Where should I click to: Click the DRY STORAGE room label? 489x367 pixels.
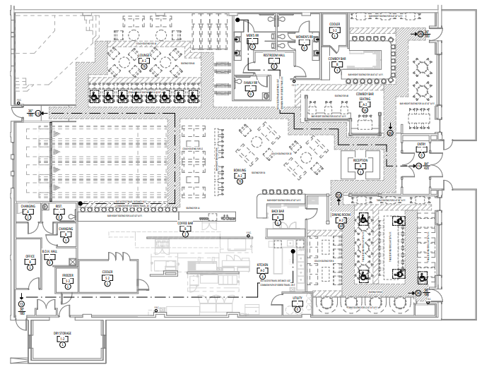click(x=61, y=333)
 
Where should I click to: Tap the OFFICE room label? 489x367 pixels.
click(x=30, y=256)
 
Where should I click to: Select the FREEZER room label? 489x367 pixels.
click(x=69, y=275)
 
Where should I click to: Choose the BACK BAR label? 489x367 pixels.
click(x=276, y=211)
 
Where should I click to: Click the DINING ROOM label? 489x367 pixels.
click(x=341, y=215)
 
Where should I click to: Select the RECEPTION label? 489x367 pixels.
click(x=360, y=160)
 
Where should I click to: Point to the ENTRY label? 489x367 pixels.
click(x=422, y=143)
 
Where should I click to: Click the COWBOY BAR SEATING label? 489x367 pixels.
click(x=365, y=95)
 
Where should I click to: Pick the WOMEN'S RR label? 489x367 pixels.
click(x=304, y=35)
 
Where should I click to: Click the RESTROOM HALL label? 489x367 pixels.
click(x=273, y=54)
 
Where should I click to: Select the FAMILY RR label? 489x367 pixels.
click(x=249, y=83)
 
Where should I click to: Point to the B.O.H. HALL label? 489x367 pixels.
click(x=49, y=251)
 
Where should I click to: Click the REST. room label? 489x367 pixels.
click(x=60, y=206)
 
